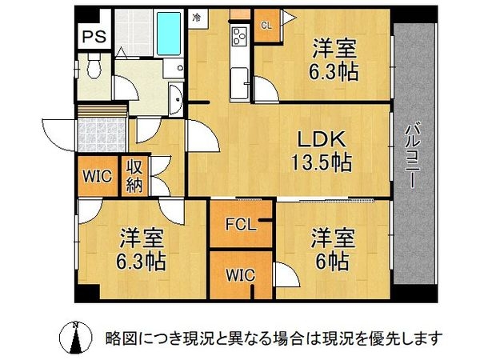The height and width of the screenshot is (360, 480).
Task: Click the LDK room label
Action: click(x=318, y=139)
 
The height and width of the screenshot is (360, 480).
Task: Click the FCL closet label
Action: click(x=239, y=225)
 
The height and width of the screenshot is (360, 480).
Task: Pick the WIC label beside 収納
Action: click(x=97, y=178)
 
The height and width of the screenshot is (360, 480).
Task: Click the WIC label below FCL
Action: click(x=239, y=274)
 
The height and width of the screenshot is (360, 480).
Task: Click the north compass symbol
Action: click(x=76, y=338)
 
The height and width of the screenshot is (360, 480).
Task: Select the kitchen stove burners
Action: click(x=238, y=36)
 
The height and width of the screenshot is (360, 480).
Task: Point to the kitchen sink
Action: click(x=239, y=80)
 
